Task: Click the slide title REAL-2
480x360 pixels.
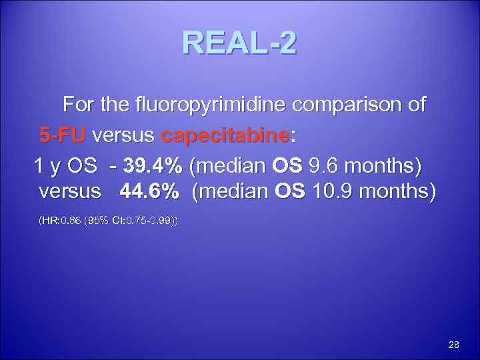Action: pyautogui.click(x=239, y=44)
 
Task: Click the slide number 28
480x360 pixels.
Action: pyautogui.click(x=454, y=345)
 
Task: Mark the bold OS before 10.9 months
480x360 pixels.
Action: pyautogui.click(x=289, y=193)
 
